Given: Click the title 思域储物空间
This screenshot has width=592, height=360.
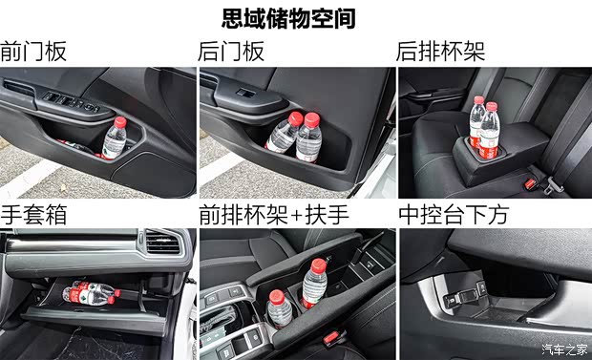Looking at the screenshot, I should pos(295,18).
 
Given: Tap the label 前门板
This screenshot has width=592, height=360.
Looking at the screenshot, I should pos(34,52).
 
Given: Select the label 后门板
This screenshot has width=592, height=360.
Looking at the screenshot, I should pos(231,52).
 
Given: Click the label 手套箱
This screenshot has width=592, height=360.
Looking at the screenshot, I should pos(34,215).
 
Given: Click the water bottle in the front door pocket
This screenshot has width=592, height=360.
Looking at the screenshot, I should pos(116,139).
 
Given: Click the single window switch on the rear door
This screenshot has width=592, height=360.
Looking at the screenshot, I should pos(244,95).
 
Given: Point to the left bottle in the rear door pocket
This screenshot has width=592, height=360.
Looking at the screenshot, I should pos(282,135).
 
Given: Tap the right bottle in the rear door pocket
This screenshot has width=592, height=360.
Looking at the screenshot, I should pos(308,138).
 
